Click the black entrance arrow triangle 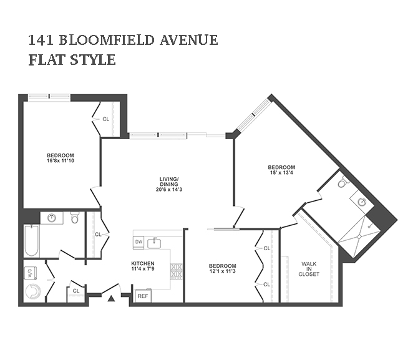point(111,298)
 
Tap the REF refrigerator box point(143,296)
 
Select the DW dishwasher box point(139,242)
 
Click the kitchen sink point(154,243)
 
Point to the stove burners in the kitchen point(177,271)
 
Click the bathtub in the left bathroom point(31,240)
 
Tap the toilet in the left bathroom point(75,217)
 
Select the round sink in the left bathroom point(51,218)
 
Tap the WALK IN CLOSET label point(309,269)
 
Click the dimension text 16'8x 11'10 point(61,161)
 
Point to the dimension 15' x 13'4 point(281,173)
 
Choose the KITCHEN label point(143,263)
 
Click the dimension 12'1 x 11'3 point(222,271)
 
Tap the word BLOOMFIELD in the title point(107,40)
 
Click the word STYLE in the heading point(93,59)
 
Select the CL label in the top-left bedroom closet point(106,119)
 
